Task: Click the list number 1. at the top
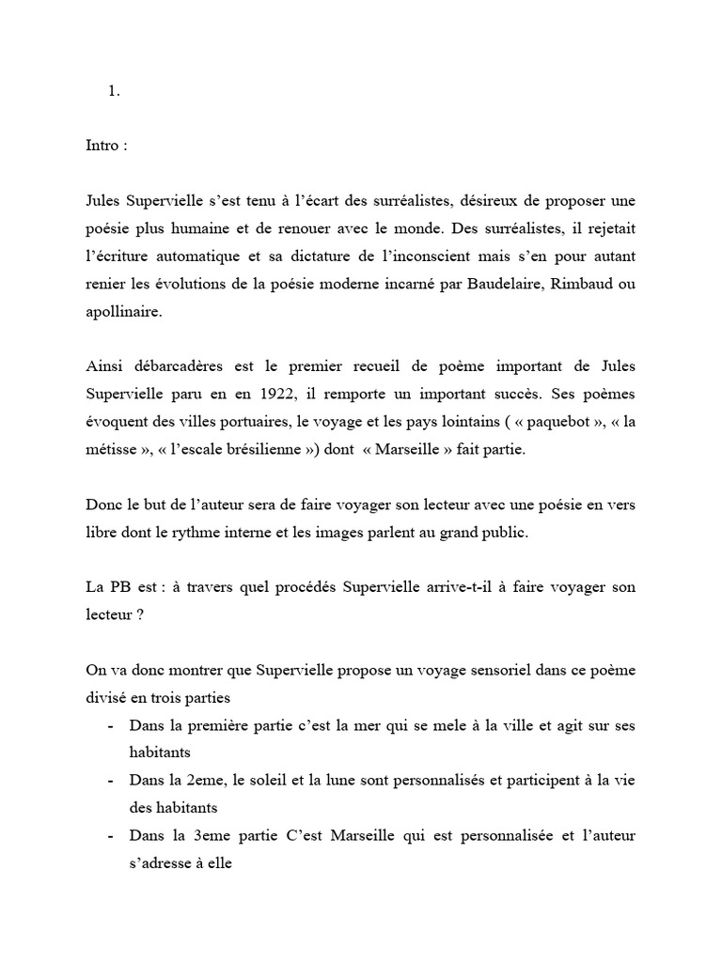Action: tap(115, 91)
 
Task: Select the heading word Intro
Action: tap(101, 147)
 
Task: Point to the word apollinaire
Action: tap(121, 313)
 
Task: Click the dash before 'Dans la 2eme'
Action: tap(112, 782)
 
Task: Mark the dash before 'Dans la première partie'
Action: tap(112, 726)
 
